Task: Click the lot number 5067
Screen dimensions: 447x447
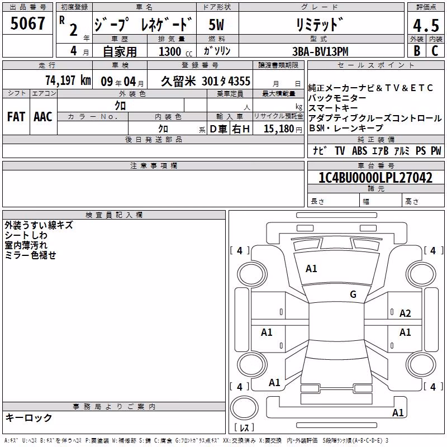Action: (x=27, y=23)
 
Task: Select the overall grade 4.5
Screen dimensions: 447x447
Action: (x=426, y=25)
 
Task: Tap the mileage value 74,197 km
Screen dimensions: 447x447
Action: (x=68, y=80)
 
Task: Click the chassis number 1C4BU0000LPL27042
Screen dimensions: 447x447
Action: (x=375, y=177)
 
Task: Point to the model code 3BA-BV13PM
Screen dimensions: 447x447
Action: (x=320, y=51)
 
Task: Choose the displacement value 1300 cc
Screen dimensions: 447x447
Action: (x=175, y=51)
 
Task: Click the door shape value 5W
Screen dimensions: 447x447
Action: (x=216, y=25)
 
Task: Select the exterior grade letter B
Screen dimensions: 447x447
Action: (x=417, y=51)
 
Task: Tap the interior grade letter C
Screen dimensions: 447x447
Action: (x=435, y=51)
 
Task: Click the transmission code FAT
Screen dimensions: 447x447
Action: (x=16, y=117)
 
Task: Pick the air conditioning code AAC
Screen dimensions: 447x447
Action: (x=43, y=117)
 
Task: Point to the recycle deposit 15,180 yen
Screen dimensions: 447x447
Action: (x=283, y=129)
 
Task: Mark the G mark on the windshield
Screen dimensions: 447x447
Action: (x=353, y=294)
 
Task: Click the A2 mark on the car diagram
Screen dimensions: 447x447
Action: (x=405, y=313)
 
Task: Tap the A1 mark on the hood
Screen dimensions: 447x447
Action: (x=311, y=269)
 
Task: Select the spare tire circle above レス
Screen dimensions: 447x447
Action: (x=244, y=408)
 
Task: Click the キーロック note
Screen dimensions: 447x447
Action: (x=29, y=417)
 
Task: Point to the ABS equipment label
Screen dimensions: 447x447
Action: (x=359, y=150)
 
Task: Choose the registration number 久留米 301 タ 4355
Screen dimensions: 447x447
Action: (x=206, y=81)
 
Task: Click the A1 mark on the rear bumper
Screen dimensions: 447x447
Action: (x=398, y=412)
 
